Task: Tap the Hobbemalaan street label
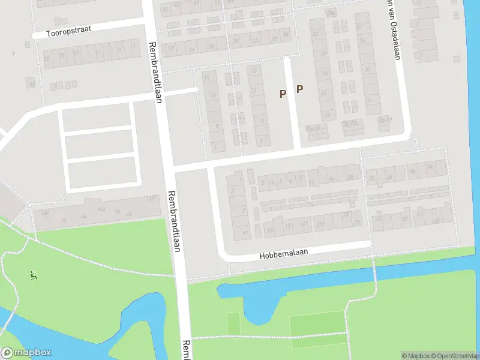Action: pos(284,254)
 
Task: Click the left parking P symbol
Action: pos(283,93)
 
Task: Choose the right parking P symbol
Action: pos(299,89)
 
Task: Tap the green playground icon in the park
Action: pos(33,275)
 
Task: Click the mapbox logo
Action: pos(26,353)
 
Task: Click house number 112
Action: pos(149,199)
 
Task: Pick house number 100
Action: pos(44,212)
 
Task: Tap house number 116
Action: pos(101,209)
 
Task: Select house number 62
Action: pos(128,213)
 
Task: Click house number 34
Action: pos(430,167)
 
